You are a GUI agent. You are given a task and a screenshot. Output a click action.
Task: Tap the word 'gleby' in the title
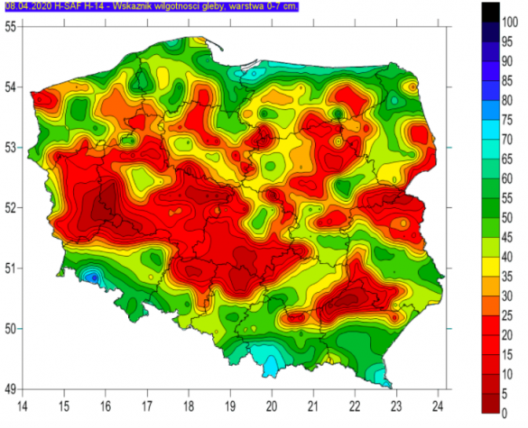[208, 6]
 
